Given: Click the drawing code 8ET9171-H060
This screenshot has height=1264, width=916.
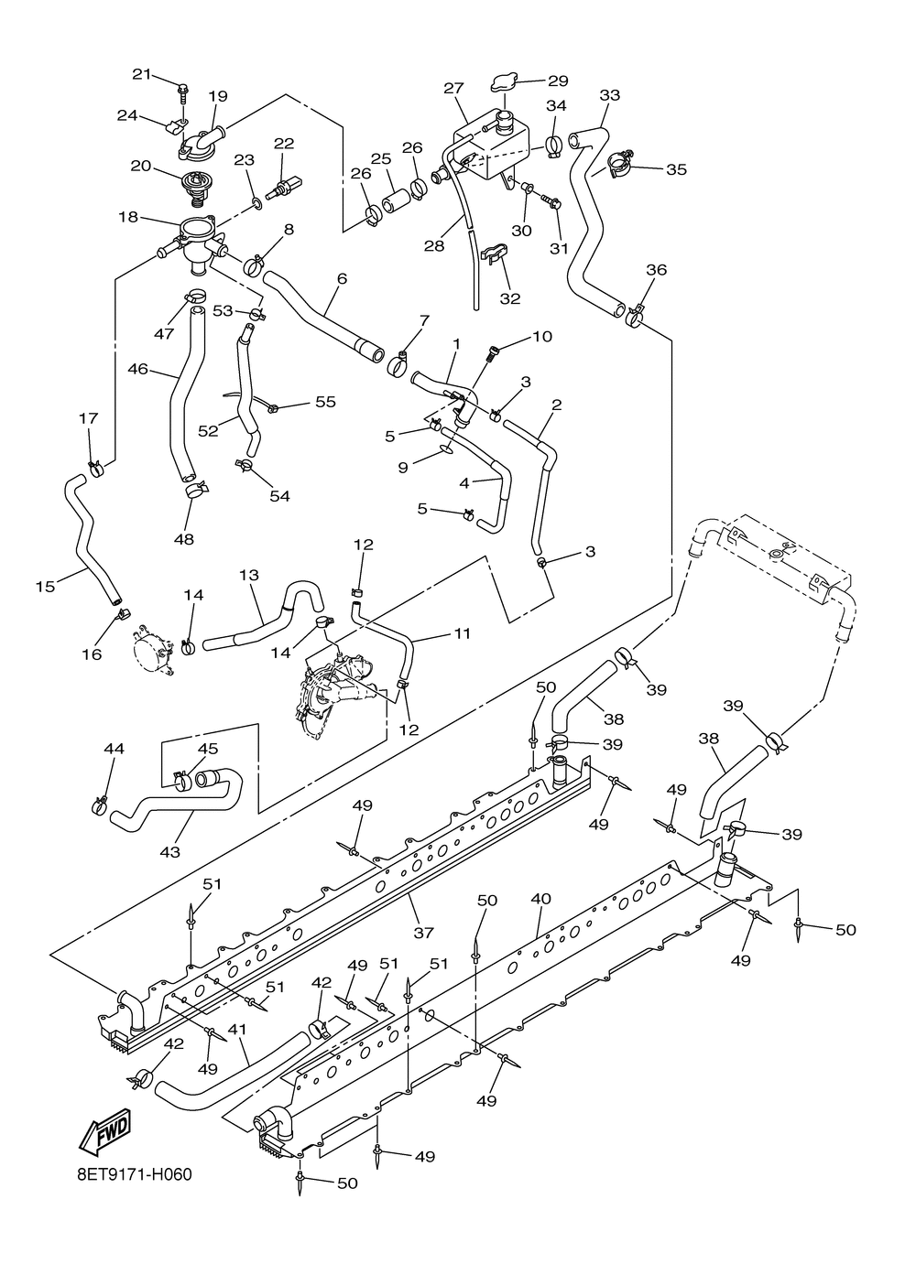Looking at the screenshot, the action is tap(135, 1191).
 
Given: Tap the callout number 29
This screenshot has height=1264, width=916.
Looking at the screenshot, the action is tap(558, 81).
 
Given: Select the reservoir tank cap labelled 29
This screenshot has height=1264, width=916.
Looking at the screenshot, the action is tap(503, 83).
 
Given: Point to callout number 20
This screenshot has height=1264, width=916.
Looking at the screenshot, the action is tap(141, 166).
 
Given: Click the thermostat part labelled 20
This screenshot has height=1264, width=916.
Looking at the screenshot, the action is tap(195, 185).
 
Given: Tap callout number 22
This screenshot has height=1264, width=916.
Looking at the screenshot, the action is tap(284, 144).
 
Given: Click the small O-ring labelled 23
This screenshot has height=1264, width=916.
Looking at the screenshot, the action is tap(256, 203).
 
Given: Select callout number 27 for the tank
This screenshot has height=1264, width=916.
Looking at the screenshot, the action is tap(453, 88).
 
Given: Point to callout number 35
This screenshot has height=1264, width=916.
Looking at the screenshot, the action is tap(676, 169).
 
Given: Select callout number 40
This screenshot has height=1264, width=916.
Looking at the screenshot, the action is tap(541, 898).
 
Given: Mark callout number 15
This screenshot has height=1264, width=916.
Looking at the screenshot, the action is tap(45, 587).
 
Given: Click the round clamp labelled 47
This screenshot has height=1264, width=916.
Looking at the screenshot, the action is tap(195, 294).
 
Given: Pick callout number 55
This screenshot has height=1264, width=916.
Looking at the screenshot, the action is tap(325, 402).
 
